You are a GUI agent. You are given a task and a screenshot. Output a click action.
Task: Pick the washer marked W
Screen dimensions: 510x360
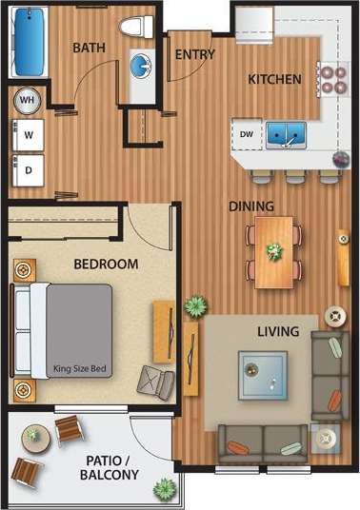pos(29,135)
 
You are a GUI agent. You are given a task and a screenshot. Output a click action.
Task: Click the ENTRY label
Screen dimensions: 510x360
pos(194,54)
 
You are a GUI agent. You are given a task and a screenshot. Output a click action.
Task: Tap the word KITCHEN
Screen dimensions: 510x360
pos(275,80)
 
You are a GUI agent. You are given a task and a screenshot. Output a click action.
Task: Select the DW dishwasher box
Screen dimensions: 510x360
pos(247,135)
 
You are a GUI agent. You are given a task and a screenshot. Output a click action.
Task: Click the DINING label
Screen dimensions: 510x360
pos(251,206)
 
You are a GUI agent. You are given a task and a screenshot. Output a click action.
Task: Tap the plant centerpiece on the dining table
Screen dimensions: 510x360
pos(274,252)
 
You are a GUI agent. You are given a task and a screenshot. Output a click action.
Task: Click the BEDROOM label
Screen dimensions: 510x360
pos(105,264)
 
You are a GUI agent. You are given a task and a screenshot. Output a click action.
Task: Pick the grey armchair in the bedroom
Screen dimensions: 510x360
pos(152,381)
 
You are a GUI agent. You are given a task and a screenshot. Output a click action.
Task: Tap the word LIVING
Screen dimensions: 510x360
pos(278,332)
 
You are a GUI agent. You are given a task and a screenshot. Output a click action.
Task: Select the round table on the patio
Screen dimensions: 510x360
pos(34,436)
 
